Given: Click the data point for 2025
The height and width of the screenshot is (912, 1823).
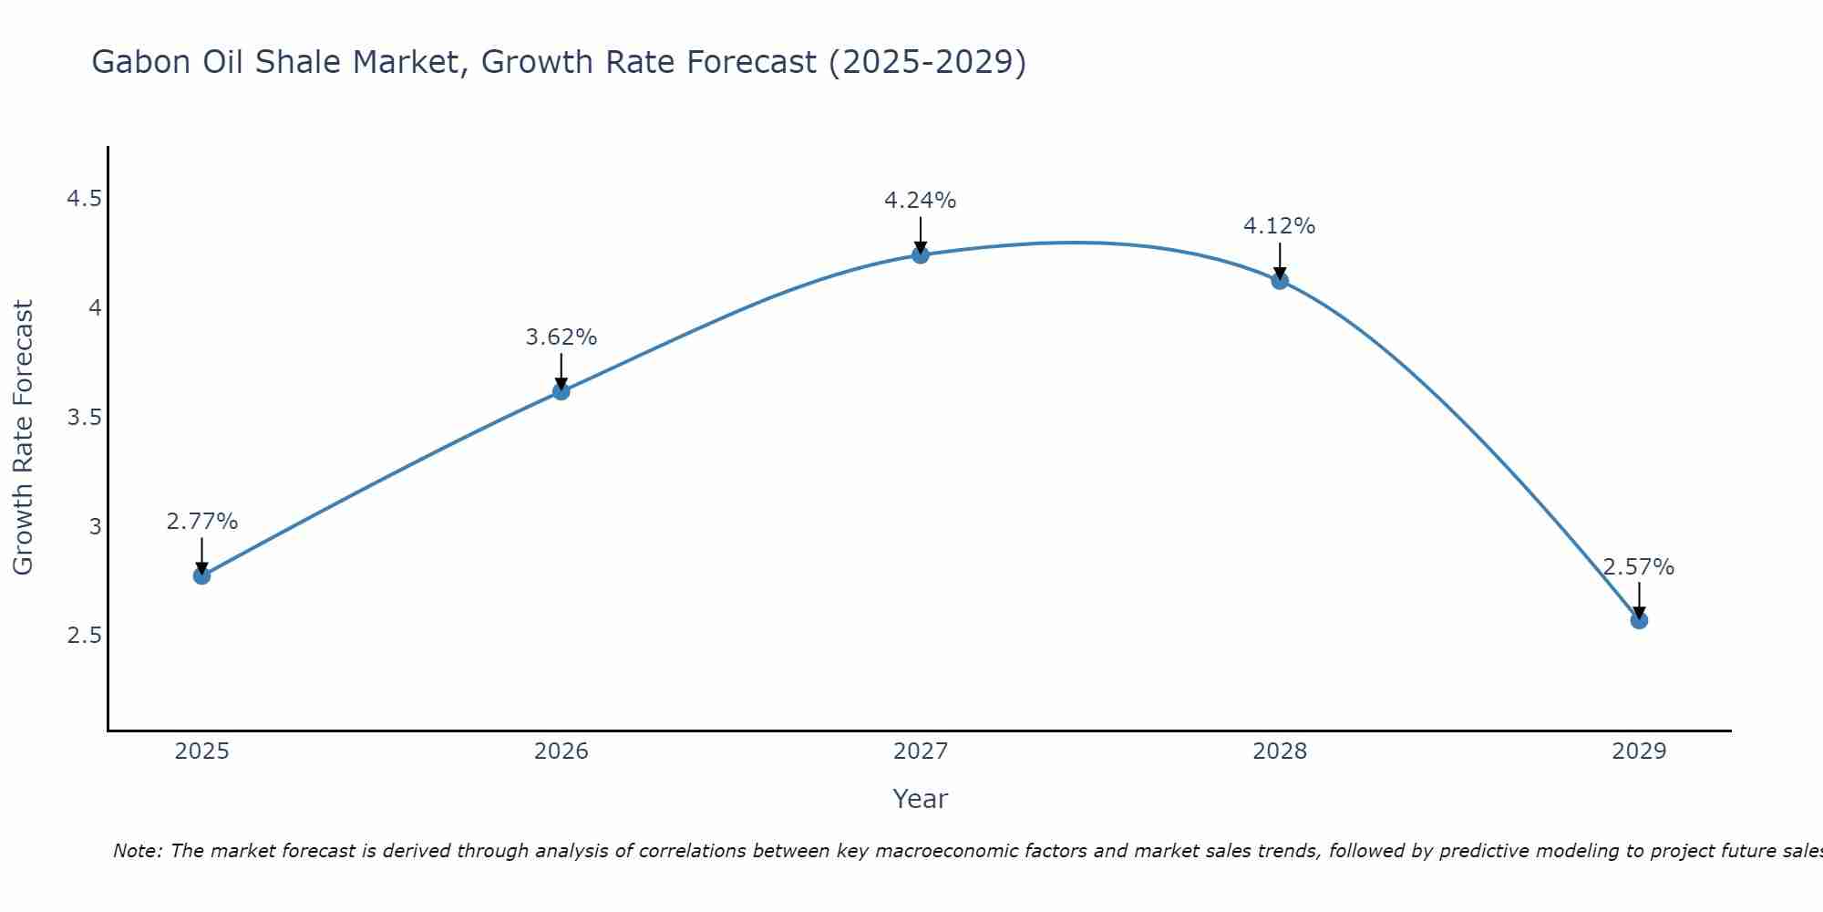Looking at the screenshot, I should (201, 575).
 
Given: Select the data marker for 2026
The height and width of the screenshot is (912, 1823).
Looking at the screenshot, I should (561, 391).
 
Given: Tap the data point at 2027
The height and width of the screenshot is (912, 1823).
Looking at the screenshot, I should (920, 254).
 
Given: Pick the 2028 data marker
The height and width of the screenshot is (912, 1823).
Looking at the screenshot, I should (1279, 281).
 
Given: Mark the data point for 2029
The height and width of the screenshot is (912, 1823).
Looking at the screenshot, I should (1638, 620).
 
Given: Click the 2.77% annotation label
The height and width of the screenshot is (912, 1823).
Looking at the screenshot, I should (201, 522).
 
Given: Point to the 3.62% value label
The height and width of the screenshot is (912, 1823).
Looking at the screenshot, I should (561, 337).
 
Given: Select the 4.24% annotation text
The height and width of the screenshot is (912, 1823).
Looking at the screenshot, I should (920, 201).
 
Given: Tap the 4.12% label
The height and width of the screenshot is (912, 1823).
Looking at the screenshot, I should (1279, 226).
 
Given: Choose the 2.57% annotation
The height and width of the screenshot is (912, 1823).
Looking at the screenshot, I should (1638, 567).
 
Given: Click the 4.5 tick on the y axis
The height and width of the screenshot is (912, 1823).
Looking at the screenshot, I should (84, 199).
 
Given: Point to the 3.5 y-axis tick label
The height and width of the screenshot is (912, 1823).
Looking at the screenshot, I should (84, 418).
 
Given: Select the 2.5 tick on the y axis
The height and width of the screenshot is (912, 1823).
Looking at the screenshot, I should (84, 636).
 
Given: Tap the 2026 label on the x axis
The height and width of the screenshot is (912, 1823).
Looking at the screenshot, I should (561, 751).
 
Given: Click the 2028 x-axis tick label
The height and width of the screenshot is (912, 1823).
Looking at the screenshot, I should (1279, 751).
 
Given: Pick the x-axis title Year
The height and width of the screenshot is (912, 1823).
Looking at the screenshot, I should (920, 799).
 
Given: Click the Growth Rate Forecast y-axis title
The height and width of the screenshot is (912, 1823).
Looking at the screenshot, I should (23, 438).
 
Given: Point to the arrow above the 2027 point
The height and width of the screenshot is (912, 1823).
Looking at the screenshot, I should (920, 234).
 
